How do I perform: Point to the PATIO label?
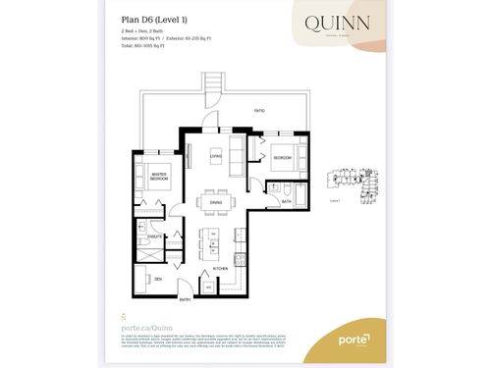point(259,112)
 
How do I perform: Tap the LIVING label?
point(215,154)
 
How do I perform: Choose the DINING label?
point(214,203)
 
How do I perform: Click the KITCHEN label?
point(220,268)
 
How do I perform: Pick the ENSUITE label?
point(155,236)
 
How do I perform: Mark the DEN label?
point(156,279)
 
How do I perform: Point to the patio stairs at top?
point(210,87)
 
